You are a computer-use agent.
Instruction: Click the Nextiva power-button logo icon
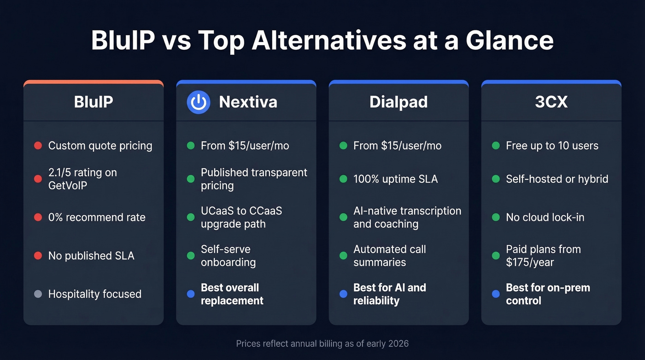coord(198,102)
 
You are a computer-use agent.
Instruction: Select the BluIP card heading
coord(94,102)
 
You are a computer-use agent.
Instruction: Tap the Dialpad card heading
coord(399,102)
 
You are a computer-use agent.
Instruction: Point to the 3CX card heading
coord(551,102)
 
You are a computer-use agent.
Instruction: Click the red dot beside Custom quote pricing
coord(38,146)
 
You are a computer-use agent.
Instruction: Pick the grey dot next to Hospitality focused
coord(38,294)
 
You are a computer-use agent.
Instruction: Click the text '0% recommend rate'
coord(97,217)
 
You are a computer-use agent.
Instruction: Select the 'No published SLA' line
coord(91,256)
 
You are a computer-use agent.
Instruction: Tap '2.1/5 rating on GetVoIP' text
coord(82,179)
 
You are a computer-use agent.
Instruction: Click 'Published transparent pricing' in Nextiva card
coord(254,179)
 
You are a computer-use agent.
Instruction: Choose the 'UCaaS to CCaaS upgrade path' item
coord(241,217)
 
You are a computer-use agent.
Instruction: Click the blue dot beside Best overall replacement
coord(191,294)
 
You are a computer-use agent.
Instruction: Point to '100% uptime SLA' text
coord(395,179)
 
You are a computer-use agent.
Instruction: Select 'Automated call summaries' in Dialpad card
coord(389,256)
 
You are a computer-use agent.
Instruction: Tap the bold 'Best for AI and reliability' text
coord(389,294)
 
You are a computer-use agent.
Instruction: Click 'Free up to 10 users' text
coord(552,146)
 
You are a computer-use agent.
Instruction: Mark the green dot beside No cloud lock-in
coord(496,217)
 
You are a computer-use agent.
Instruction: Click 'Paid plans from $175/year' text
coord(543,256)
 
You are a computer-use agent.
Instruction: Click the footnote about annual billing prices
coord(322,343)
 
